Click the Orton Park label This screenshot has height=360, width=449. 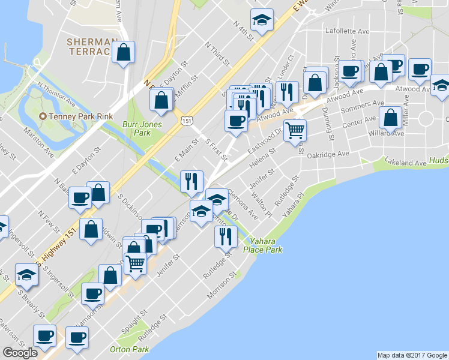[x=129, y=349]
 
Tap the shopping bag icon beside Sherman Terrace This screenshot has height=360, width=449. [x=123, y=53]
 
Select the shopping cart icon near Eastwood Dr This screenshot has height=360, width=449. [x=294, y=130]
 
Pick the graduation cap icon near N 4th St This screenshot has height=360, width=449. [x=262, y=21]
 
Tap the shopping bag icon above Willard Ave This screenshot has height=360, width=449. [x=390, y=119]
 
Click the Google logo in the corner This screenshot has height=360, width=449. [x=20, y=353]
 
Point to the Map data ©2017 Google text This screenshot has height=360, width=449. [x=412, y=355]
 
